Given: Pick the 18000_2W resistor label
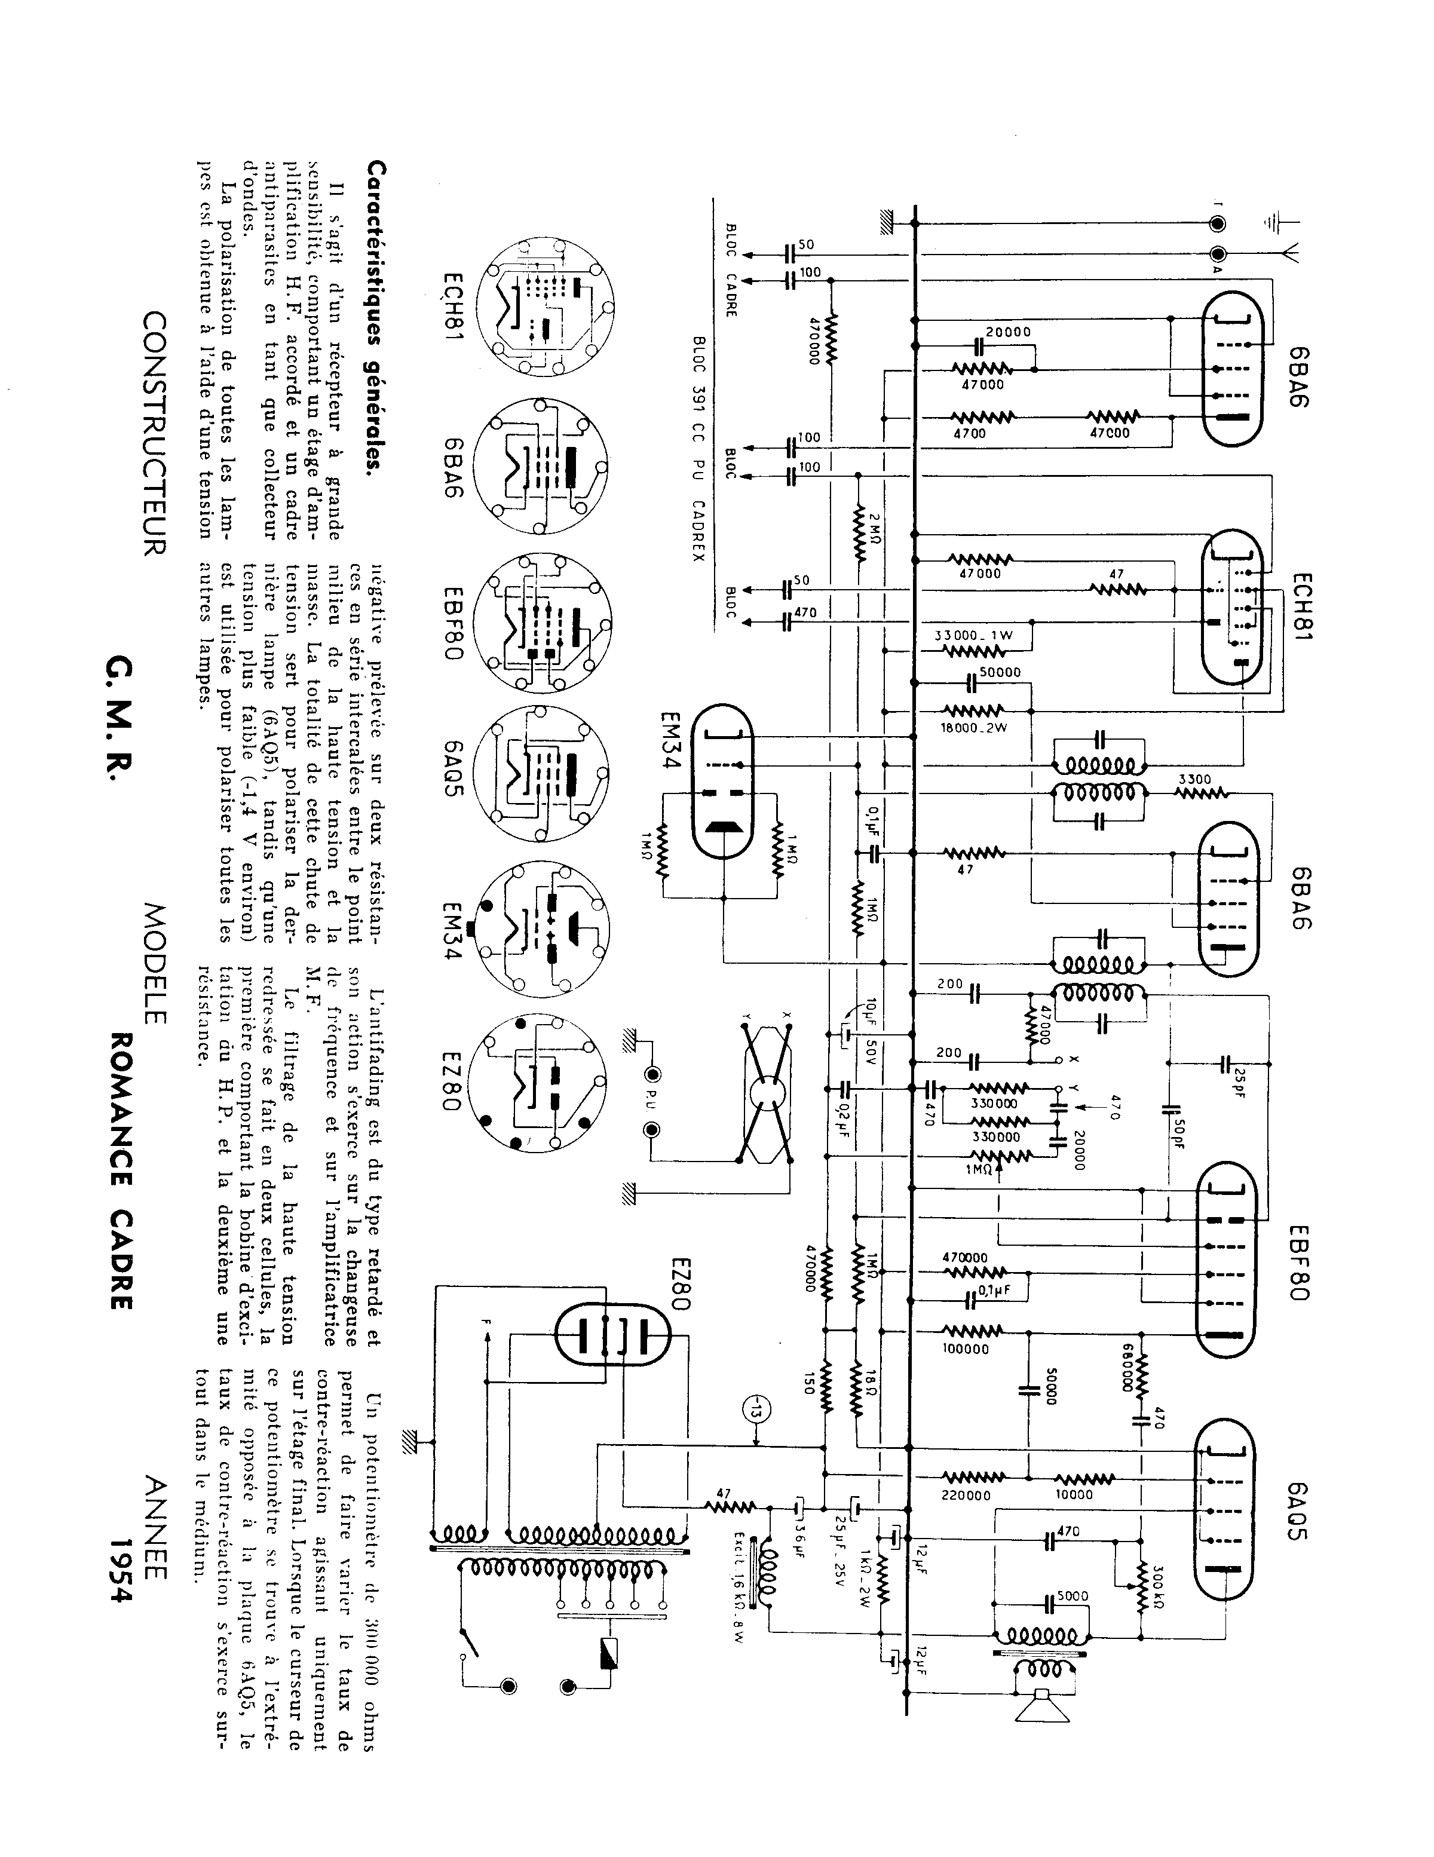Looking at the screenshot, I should [975, 728].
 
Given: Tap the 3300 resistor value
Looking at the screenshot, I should [1195, 779].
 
